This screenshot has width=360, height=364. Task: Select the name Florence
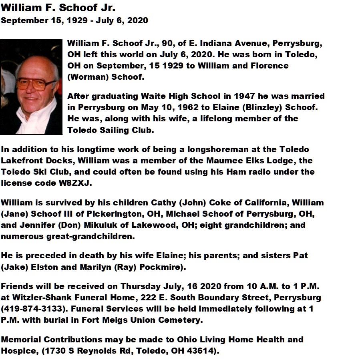click(270, 65)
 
